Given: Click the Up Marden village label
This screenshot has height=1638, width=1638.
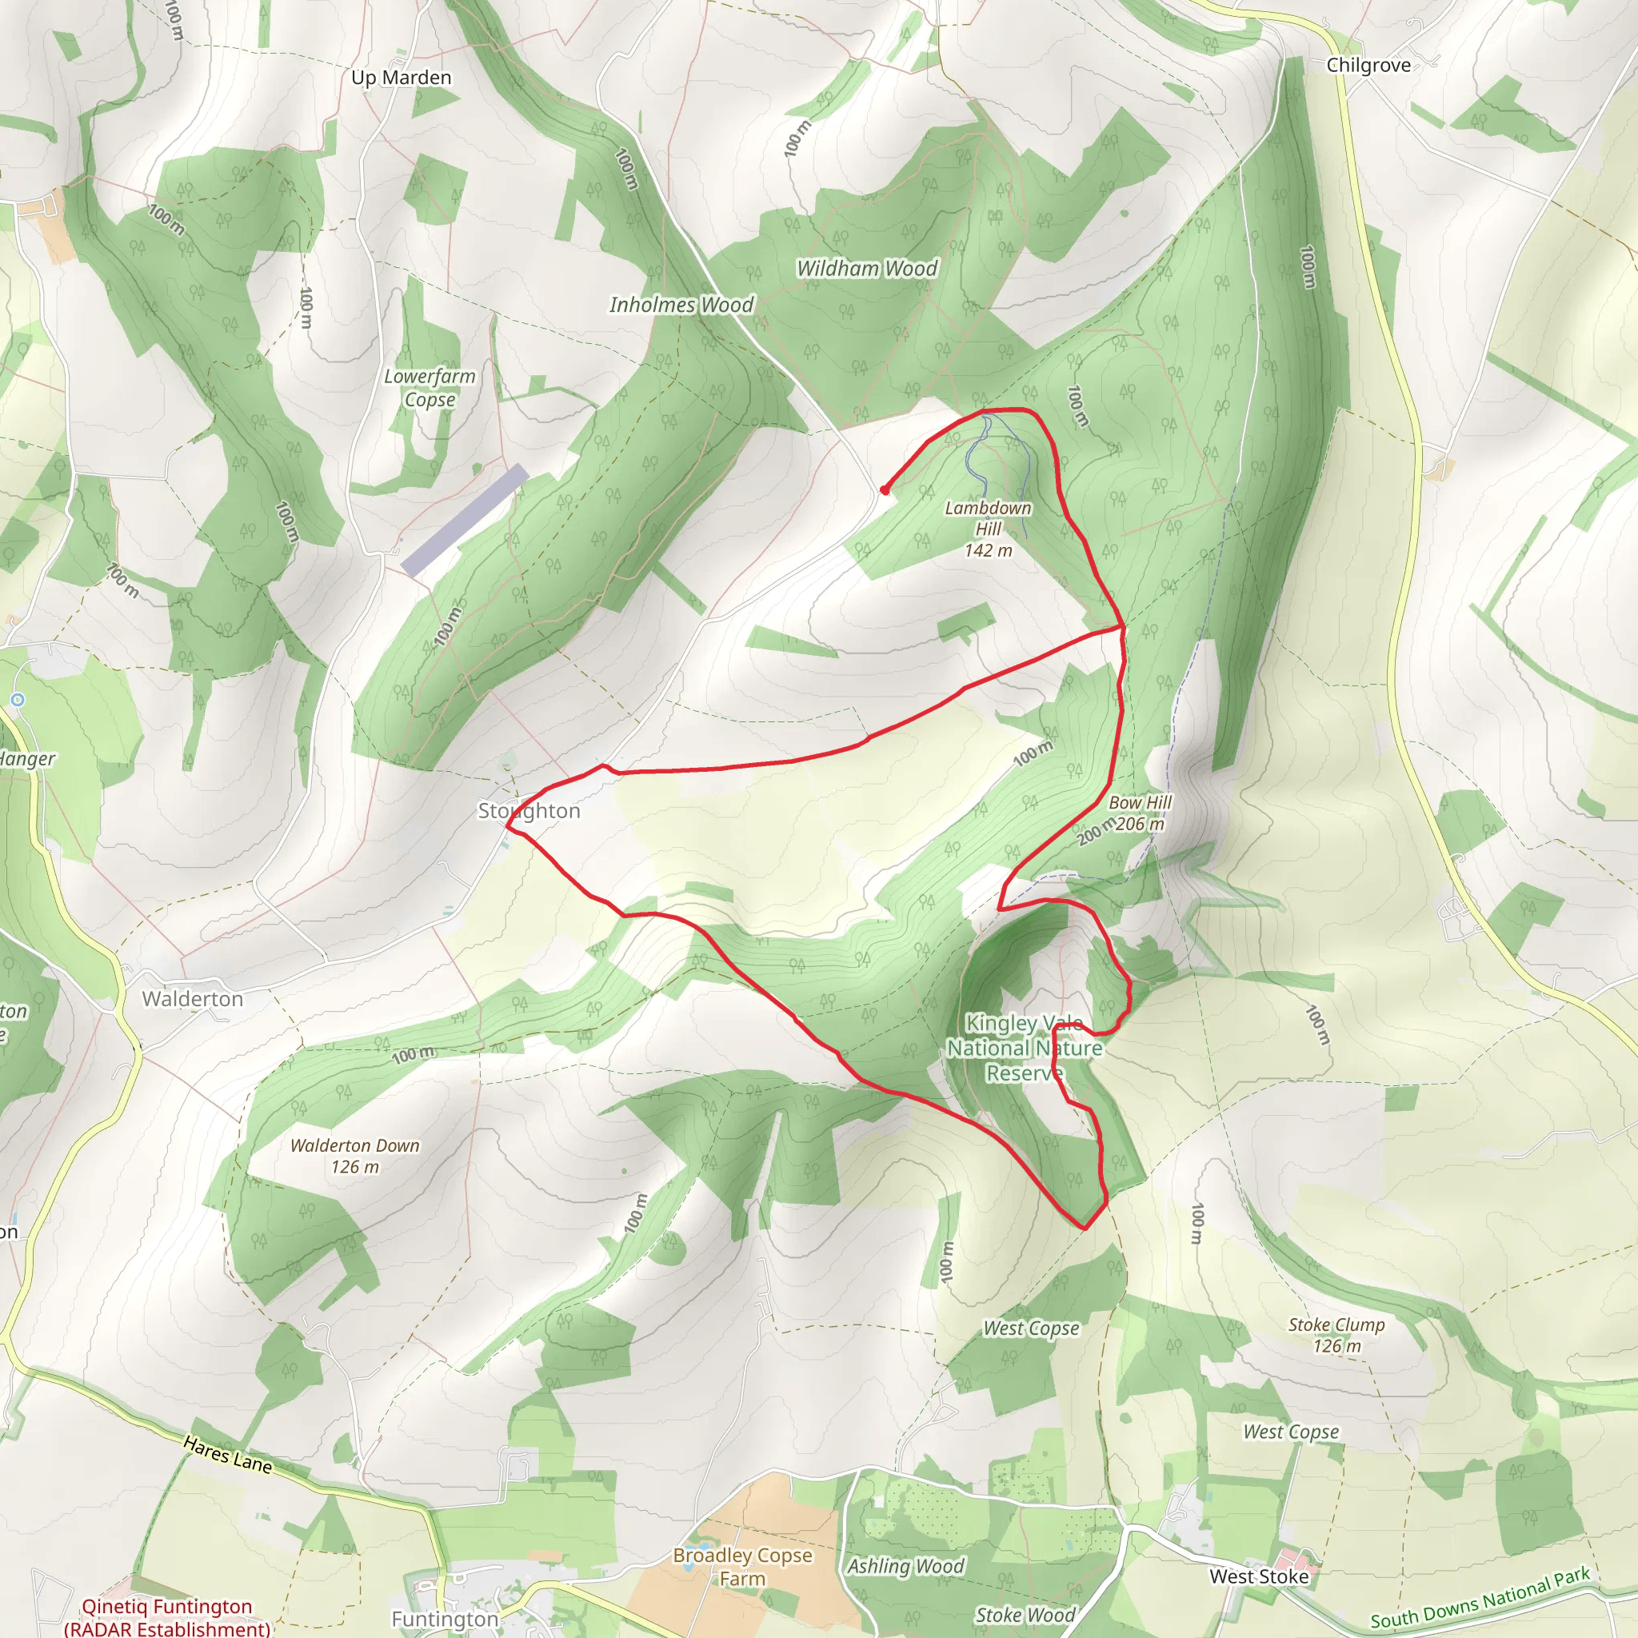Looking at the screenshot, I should (401, 78).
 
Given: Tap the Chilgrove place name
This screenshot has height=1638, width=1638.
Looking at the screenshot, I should (1368, 66).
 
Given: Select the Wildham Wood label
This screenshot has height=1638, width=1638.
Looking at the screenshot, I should (866, 269).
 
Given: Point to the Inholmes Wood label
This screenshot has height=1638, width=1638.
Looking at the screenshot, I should (681, 306).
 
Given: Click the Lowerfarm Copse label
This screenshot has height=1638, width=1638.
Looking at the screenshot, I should (429, 387).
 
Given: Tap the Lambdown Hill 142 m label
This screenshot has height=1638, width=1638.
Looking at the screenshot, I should (988, 529).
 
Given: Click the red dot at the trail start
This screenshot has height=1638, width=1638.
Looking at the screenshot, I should (885, 490).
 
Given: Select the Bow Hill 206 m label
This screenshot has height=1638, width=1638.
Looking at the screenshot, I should (1140, 813).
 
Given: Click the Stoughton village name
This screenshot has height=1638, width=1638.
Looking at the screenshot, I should (529, 811).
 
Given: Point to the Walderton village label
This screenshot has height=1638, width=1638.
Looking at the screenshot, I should (193, 1000).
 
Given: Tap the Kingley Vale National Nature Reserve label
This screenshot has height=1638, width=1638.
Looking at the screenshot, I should (1025, 1048).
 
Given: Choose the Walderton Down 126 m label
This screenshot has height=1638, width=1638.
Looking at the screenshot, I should (354, 1156).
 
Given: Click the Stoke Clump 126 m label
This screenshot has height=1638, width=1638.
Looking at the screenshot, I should (1336, 1335).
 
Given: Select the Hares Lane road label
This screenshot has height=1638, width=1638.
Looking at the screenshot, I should (228, 1454).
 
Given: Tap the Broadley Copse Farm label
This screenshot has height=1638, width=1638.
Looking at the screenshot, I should (743, 1567).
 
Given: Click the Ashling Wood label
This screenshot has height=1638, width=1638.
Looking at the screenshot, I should (905, 1567).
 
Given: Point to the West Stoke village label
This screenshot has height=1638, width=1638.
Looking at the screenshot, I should (1259, 1576).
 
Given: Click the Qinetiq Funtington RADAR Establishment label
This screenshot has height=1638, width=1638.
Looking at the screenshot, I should (167, 1616).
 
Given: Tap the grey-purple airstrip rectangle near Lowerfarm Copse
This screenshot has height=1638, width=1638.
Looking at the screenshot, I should (465, 521).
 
